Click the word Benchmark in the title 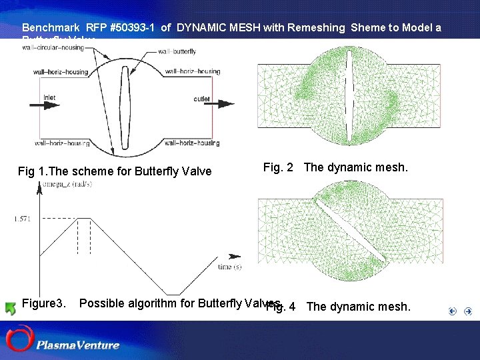point(50,28)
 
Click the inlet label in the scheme point(49,97)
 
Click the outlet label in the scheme point(202,99)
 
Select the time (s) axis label point(229,267)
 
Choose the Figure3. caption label point(44,303)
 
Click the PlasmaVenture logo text point(78,345)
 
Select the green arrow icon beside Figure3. point(10,308)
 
